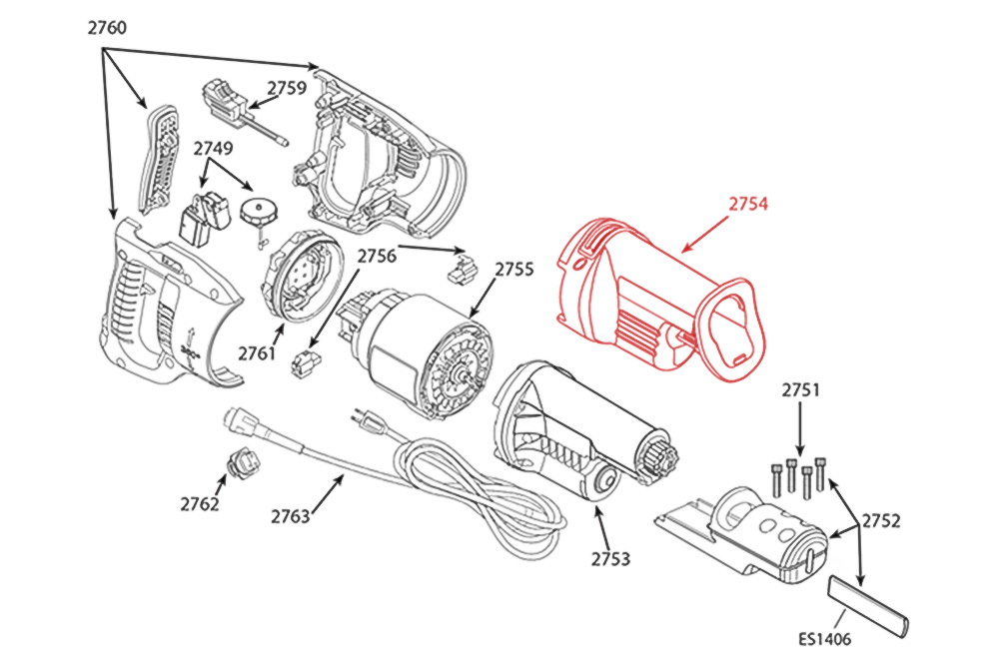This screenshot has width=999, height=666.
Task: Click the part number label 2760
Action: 107,28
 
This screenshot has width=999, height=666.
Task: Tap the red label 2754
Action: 748,204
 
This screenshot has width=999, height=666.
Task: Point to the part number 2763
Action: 291,516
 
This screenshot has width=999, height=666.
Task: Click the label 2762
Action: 200,504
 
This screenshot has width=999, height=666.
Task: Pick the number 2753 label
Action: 610,558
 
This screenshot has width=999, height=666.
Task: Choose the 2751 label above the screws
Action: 800,390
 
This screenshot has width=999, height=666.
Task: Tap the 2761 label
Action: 258,352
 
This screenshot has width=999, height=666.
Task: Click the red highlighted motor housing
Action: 649,300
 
